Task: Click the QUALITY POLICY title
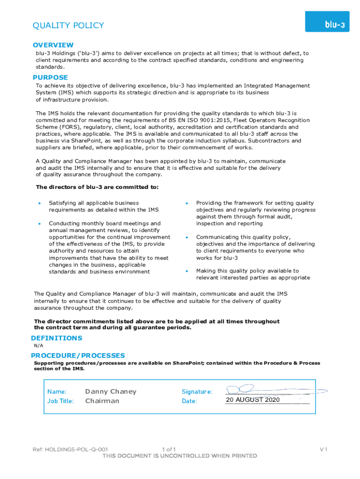pos(68,25)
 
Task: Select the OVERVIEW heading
pos(53,45)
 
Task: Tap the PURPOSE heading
pos(50,77)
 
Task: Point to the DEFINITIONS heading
pos(57,338)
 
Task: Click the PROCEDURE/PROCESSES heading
pos(78,356)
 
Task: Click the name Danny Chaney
pos(111,392)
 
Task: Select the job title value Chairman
pos(102,401)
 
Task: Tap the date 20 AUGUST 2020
pos(252,400)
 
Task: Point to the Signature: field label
pos(197,392)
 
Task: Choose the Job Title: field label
pos(61,401)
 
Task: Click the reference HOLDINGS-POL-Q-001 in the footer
pos(71,450)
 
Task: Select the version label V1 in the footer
pos(324,450)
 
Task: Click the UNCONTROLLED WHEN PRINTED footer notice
pos(180,456)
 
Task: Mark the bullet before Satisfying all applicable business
pos(40,203)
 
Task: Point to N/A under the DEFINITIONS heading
pos(38,346)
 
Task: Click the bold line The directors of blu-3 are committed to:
pos(97,188)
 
